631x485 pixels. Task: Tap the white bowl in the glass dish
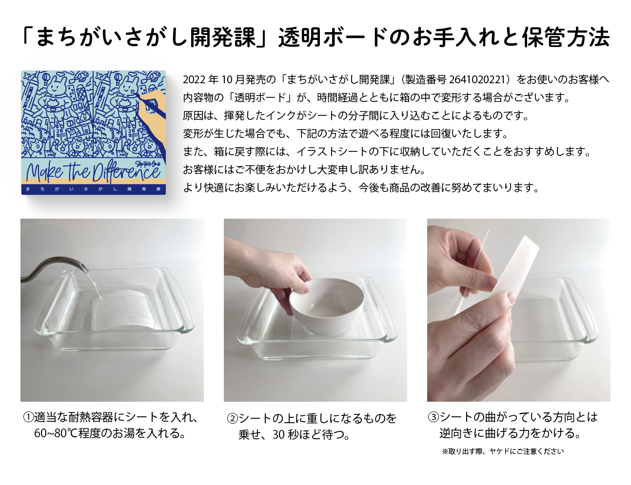point(327,304)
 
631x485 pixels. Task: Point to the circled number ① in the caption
point(28,418)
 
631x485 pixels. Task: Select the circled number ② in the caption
point(232,419)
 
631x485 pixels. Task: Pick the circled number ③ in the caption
point(433,417)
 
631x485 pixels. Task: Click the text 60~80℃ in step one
point(53,433)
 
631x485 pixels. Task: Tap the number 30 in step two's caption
point(278,435)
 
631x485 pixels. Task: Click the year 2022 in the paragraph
point(194,80)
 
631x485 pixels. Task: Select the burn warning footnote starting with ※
point(502,451)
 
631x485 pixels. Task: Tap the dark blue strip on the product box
point(93,189)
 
